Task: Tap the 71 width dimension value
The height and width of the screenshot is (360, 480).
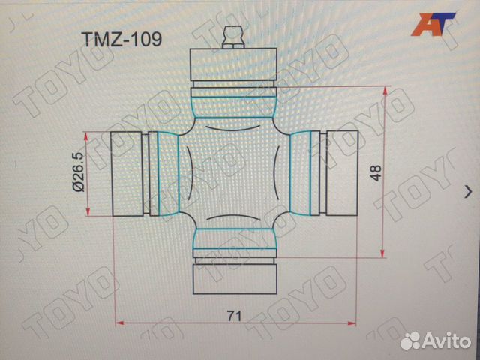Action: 235,315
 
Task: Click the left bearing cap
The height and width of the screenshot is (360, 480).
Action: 127,174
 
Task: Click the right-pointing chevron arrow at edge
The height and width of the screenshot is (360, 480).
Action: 469,192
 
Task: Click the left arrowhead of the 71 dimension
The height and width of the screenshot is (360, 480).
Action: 121,323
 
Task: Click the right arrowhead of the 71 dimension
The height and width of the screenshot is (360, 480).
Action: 351,323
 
